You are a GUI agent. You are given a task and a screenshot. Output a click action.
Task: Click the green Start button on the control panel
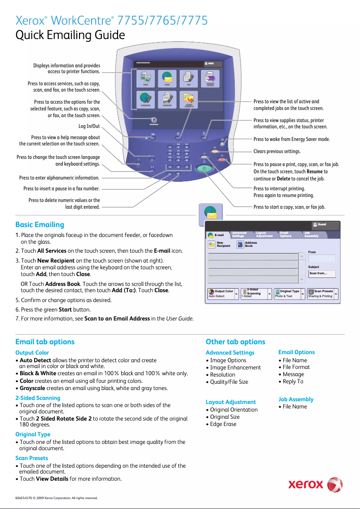pyautogui.click(x=204, y=169)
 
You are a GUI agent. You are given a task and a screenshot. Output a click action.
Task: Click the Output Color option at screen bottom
pyautogui.click(x=223, y=294)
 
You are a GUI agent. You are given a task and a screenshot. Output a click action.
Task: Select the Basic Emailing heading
pyautogui.click(x=40, y=224)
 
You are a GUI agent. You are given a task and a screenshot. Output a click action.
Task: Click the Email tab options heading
pyautogui.click(x=45, y=342)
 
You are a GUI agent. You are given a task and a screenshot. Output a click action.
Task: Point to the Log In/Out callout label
pyautogui.click(x=89, y=126)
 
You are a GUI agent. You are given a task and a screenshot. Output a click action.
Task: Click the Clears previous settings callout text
pyautogui.click(x=277, y=152)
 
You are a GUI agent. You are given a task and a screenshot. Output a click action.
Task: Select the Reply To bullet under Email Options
pyautogui.click(x=293, y=382)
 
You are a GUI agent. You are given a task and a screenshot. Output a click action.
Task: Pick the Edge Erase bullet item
pyautogui.click(x=223, y=424)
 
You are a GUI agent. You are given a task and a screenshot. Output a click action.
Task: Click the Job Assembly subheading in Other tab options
pyautogui.click(x=296, y=399)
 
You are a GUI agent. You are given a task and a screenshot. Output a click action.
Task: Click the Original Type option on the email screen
pyautogui.click(x=289, y=294)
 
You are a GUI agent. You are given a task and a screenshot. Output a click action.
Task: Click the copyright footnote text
pyautogui.click(x=56, y=498)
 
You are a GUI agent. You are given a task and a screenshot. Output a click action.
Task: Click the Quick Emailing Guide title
pyautogui.click(x=70, y=35)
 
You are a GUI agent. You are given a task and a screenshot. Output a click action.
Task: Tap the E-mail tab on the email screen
pyautogui.click(x=217, y=235)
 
